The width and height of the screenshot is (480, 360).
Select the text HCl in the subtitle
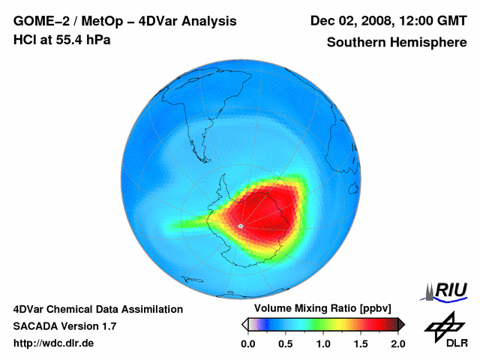25,40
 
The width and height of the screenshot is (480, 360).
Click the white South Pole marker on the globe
240,225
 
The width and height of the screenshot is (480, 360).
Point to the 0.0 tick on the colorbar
248,343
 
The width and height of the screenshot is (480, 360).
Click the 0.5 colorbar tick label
286,343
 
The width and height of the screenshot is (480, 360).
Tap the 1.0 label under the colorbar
323,343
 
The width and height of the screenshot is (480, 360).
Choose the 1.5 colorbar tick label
361,343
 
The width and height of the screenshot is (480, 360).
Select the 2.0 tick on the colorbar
397,343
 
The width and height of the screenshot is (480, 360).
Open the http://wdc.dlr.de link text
54,343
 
